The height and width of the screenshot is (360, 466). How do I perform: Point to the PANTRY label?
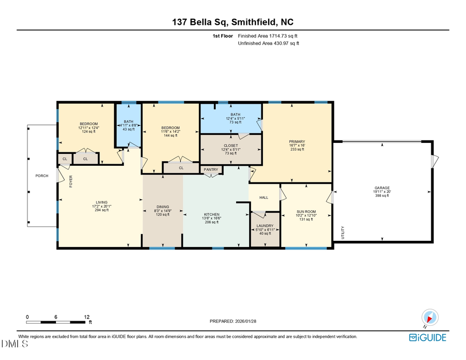click(211, 169)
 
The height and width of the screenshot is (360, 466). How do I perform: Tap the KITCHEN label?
click(211, 214)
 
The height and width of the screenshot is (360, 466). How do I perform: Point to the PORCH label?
click(42, 176)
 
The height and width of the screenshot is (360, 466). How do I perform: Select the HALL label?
click(264, 197)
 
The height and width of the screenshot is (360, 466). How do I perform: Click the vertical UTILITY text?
click(343, 233)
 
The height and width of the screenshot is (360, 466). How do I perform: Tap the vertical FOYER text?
click(71, 181)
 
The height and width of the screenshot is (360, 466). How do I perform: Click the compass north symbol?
click(430, 317)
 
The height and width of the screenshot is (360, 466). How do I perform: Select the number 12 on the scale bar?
click(87, 316)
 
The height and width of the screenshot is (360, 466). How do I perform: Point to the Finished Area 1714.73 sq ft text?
click(268, 36)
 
